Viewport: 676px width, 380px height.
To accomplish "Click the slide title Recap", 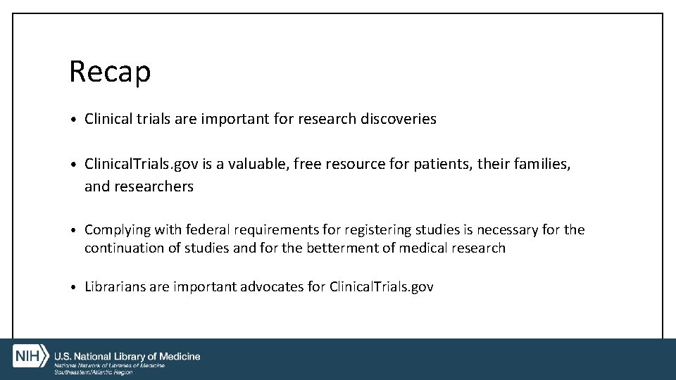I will point(110,72).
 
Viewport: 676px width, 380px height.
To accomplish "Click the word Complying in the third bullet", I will point(118,230).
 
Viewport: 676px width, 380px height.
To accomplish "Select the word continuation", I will point(122,248).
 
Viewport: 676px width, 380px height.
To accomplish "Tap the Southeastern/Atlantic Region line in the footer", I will point(93,372).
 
